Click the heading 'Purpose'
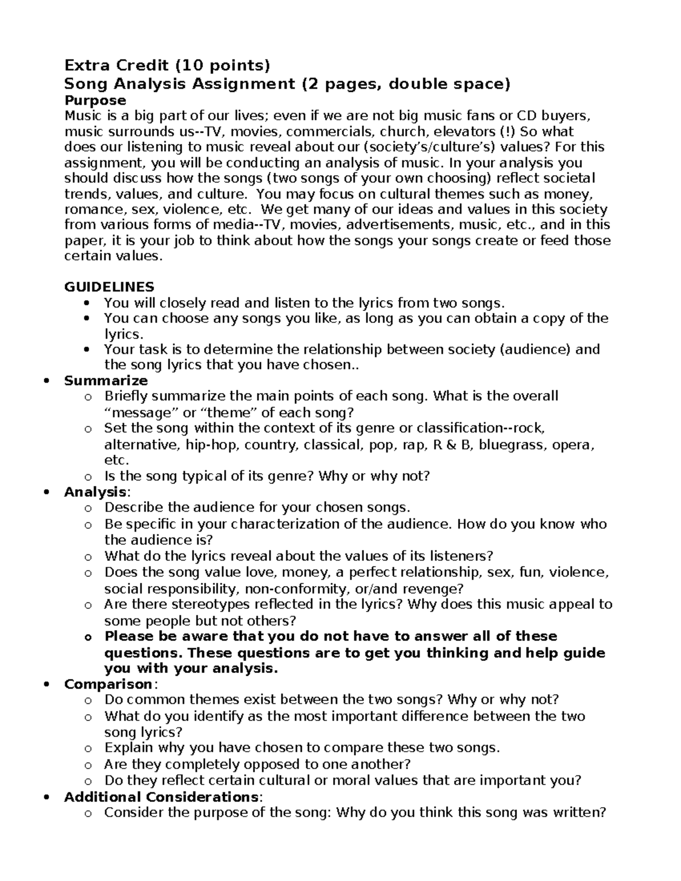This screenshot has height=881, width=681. [x=95, y=100]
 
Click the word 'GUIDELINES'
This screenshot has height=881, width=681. [x=109, y=286]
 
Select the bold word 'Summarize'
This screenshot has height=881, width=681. [x=106, y=381]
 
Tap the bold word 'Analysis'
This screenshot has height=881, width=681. [x=95, y=492]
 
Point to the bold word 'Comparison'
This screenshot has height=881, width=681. [x=108, y=684]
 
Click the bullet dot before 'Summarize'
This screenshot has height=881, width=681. [x=47, y=381]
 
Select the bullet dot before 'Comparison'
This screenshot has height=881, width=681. [x=47, y=685]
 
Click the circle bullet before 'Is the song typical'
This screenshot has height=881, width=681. [x=87, y=477]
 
